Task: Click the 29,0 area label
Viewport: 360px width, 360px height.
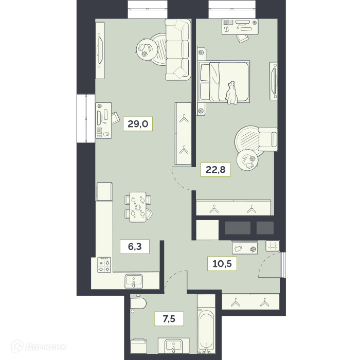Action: (138, 124)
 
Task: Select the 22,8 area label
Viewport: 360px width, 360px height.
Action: (215, 170)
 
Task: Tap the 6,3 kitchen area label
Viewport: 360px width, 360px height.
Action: (135, 246)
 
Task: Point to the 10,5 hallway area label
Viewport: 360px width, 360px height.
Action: (222, 263)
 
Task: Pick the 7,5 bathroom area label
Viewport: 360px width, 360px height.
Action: (169, 319)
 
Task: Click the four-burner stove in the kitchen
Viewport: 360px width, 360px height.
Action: (104, 265)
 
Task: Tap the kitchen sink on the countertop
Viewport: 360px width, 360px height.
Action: (134, 281)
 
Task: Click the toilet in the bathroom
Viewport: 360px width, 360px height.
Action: (138, 303)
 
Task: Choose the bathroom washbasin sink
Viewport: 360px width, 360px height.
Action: (174, 346)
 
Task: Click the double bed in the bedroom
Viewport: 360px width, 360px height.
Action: (224, 81)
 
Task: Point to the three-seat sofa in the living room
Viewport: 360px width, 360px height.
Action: (178, 49)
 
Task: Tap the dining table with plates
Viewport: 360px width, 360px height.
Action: (138, 207)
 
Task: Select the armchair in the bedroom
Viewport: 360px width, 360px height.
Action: (268, 139)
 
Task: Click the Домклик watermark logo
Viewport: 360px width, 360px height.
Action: (39, 347)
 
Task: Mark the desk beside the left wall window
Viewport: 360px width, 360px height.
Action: (103, 120)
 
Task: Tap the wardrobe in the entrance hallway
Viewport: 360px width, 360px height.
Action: (251, 301)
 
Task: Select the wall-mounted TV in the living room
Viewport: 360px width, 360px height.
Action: (100, 50)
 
